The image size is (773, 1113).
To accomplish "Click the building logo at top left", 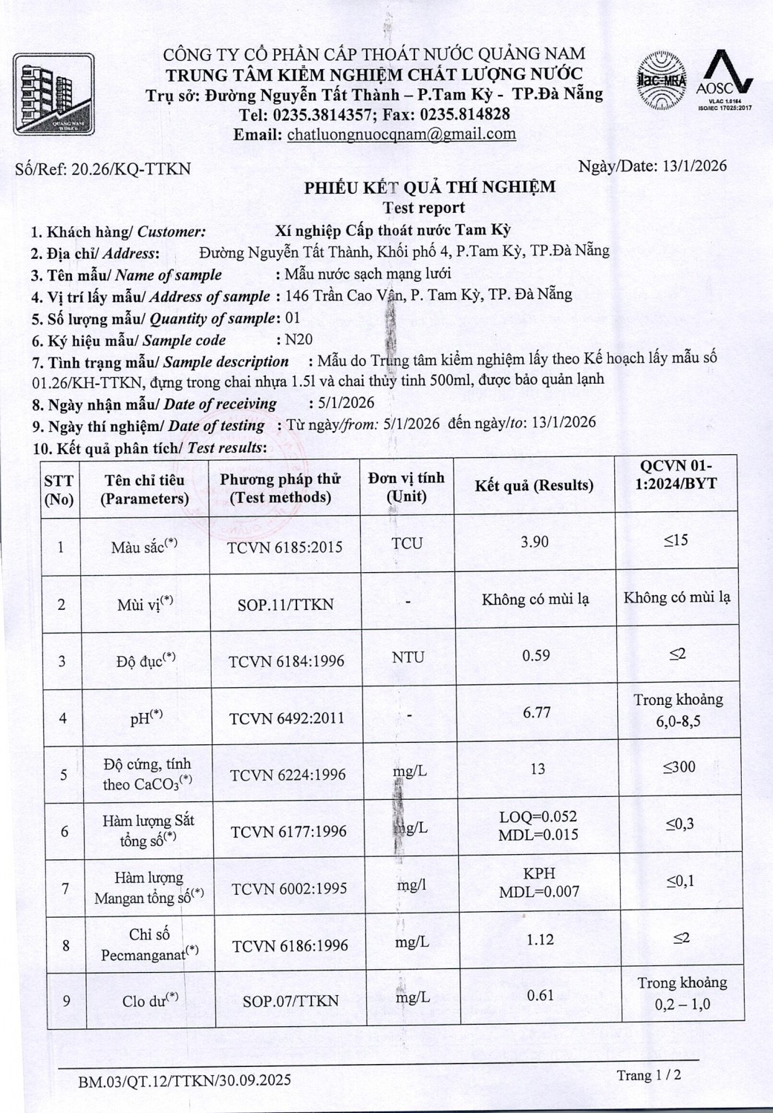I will click(x=53, y=94).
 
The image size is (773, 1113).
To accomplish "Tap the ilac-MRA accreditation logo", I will click(x=660, y=81).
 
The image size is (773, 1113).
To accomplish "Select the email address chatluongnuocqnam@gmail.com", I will click(x=401, y=134).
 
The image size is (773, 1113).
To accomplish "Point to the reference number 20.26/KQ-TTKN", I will click(x=131, y=168).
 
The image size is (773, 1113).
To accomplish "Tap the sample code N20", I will click(x=299, y=340).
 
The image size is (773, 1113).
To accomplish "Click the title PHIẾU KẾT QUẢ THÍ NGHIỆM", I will click(x=429, y=187).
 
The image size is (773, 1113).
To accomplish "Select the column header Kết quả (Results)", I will click(x=534, y=486).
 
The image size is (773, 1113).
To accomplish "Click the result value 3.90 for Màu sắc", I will click(x=535, y=542).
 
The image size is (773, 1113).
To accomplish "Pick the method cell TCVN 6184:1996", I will click(x=287, y=661).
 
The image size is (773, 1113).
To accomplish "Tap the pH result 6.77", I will click(x=537, y=712).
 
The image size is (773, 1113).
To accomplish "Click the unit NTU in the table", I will click(x=408, y=657).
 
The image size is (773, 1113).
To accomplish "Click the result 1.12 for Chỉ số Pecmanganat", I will click(x=540, y=939).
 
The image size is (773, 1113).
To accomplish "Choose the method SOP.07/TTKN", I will click(x=290, y=1001).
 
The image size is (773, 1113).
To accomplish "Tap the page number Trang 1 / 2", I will click(x=648, y=1075).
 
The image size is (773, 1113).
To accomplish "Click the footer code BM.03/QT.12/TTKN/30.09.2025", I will click(x=185, y=1080).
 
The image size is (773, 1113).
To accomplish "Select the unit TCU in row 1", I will click(x=407, y=543).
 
